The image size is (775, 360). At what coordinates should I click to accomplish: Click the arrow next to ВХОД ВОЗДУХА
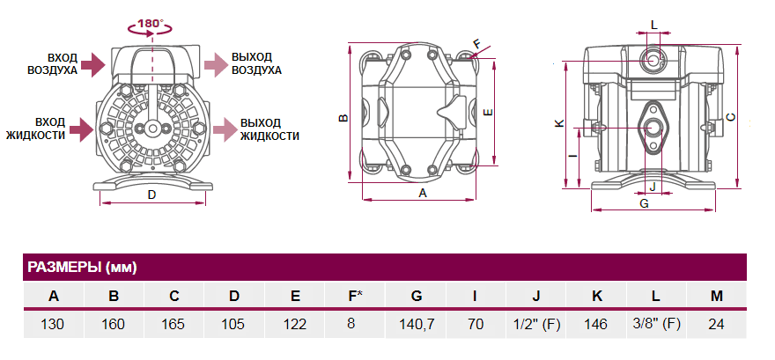click(92, 63)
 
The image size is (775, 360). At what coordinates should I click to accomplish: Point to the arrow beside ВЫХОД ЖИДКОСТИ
click(225, 129)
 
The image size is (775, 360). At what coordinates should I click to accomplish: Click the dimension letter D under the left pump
click(151, 194)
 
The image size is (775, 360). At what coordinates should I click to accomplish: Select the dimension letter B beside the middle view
click(344, 117)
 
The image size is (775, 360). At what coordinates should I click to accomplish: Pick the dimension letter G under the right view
click(644, 203)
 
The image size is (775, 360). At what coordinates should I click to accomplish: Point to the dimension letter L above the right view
click(653, 24)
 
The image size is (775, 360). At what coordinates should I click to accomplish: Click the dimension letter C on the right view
click(731, 116)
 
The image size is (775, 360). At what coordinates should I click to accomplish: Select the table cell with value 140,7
click(417, 324)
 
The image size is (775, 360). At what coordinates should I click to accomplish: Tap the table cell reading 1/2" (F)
click(535, 324)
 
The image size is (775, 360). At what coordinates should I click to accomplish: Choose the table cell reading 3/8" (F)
click(656, 324)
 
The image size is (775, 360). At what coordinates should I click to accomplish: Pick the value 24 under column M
click(716, 324)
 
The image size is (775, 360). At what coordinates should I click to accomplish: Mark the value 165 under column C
click(174, 324)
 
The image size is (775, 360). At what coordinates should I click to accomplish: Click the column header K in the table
click(596, 296)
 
